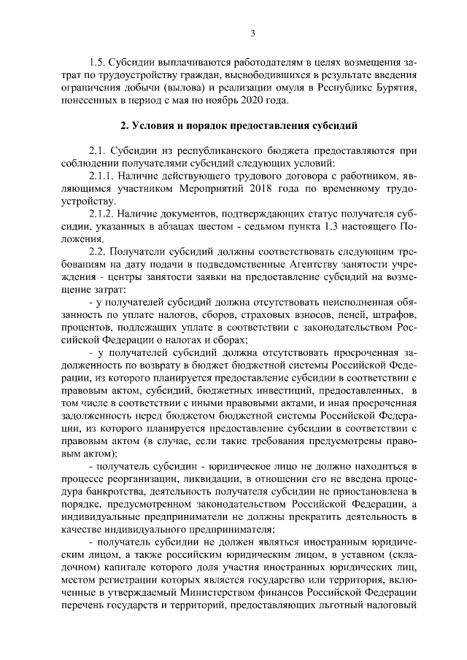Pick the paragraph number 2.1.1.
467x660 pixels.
[x=104, y=175]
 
